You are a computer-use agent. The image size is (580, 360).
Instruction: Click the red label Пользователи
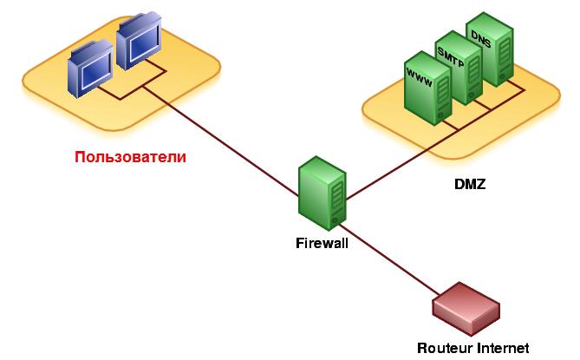click(x=130, y=157)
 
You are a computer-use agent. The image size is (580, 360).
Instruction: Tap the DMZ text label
click(x=470, y=184)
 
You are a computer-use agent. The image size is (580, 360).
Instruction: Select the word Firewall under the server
click(x=322, y=243)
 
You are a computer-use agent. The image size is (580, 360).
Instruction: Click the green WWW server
click(x=427, y=88)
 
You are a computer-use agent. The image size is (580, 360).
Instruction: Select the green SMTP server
click(x=459, y=68)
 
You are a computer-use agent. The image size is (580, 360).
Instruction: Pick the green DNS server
click(x=489, y=49)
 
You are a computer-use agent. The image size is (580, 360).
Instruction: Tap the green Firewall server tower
click(x=323, y=193)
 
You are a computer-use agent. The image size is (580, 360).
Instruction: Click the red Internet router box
click(x=466, y=309)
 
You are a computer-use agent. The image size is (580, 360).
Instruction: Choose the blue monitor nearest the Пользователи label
click(x=90, y=69)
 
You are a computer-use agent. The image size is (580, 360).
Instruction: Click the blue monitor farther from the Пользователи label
click(x=139, y=41)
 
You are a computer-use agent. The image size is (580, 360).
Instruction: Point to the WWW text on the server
click(x=419, y=77)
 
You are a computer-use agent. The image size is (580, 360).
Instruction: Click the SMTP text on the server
click(x=450, y=57)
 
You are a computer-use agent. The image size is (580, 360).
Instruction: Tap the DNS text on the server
click(x=481, y=39)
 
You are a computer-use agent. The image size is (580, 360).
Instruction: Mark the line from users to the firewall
click(x=220, y=141)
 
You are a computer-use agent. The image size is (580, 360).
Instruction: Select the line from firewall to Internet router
click(x=389, y=259)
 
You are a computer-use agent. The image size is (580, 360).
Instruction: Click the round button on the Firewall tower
click(x=336, y=219)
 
